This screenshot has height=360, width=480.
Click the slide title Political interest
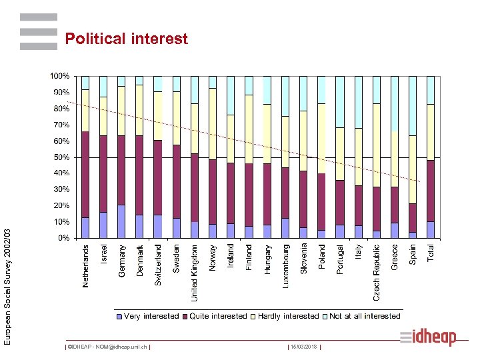pyautogui.click(x=126, y=39)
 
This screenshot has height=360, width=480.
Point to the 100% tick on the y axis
pyautogui.click(x=60, y=76)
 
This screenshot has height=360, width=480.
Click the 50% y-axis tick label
pyautogui.click(x=61, y=157)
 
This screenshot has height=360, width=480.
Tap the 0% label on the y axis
pyautogui.click(x=63, y=238)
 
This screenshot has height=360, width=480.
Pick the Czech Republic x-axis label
pyautogui.click(x=377, y=271)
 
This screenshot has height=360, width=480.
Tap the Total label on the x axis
pyautogui.click(x=431, y=253)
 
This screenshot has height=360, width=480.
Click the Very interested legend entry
pyautogui.click(x=148, y=316)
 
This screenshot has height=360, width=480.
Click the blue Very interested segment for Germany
pyautogui.click(x=121, y=221)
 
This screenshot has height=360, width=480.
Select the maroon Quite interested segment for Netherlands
pyautogui.click(x=85, y=174)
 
